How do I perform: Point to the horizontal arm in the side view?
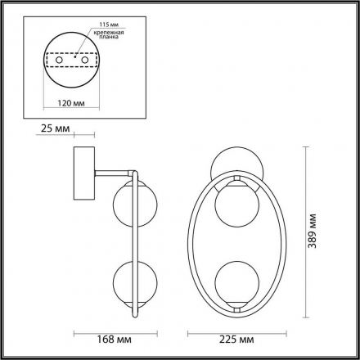[113, 170]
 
